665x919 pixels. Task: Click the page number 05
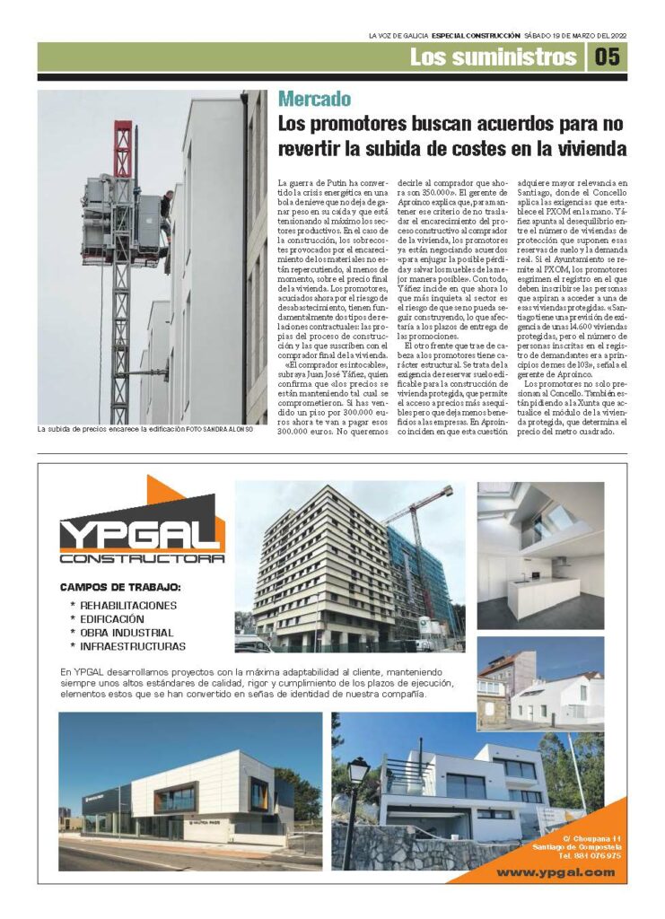608,57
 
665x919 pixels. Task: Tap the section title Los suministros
493,57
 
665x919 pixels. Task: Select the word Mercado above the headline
314,100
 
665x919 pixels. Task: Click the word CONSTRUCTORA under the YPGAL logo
142,558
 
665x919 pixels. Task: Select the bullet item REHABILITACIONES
128,605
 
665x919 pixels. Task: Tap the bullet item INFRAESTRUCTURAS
132,645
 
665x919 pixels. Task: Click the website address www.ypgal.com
556,871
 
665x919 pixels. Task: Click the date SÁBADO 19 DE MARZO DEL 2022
575,35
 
